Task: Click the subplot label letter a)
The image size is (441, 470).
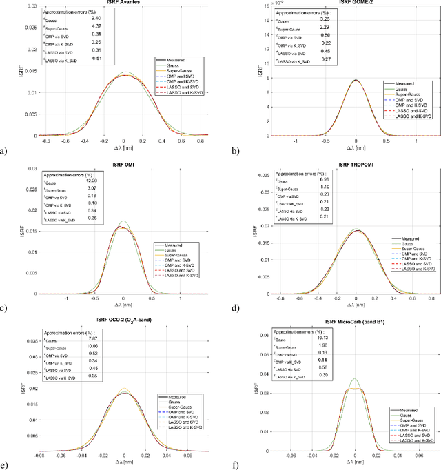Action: click(x=5, y=150)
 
